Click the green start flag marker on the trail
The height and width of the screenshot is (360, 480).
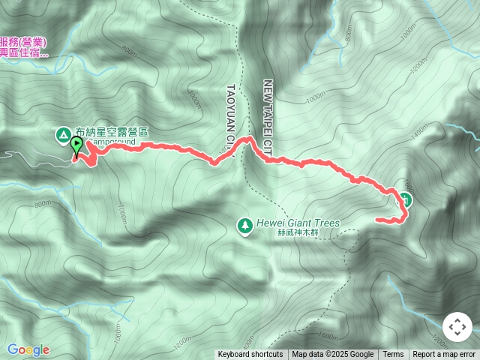point(76,145)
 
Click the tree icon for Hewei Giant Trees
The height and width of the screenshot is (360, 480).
point(244,224)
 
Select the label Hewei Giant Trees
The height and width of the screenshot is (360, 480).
point(298,223)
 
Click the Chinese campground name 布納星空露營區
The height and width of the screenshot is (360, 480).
point(112,132)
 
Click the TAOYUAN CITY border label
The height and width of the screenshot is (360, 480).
point(231,112)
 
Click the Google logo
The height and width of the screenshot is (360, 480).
point(28,349)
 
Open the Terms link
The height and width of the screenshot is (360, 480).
point(393,355)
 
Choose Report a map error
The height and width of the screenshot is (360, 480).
point(444,355)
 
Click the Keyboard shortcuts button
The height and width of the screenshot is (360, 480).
point(250,355)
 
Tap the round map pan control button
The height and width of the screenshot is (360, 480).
point(457,328)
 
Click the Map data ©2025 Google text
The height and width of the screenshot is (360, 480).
point(333,355)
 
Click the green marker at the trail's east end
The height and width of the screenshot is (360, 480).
point(405,199)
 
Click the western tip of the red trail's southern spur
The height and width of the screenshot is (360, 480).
point(377,219)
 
